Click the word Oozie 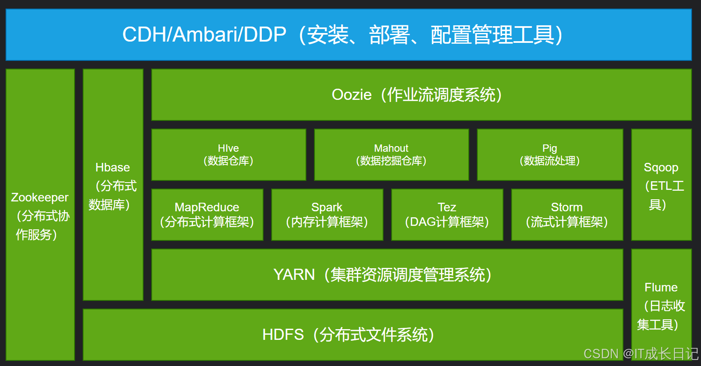[x=351, y=95]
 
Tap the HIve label [x=228, y=148]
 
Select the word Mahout [x=391, y=148]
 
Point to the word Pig [x=549, y=148]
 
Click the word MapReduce [x=207, y=207]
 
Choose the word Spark [x=327, y=207]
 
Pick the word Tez [x=446, y=207]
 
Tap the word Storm [x=566, y=207]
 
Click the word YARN [x=294, y=275]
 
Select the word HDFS [x=283, y=335]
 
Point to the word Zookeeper [x=40, y=198]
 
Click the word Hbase [x=112, y=168]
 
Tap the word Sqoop [x=661, y=168]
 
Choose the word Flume [x=661, y=288]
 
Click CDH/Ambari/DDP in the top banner [x=204, y=35]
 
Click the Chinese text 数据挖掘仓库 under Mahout [x=391, y=161]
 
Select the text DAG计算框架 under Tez [x=446, y=222]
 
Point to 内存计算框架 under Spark [x=327, y=222]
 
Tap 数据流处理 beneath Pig [x=549, y=161]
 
